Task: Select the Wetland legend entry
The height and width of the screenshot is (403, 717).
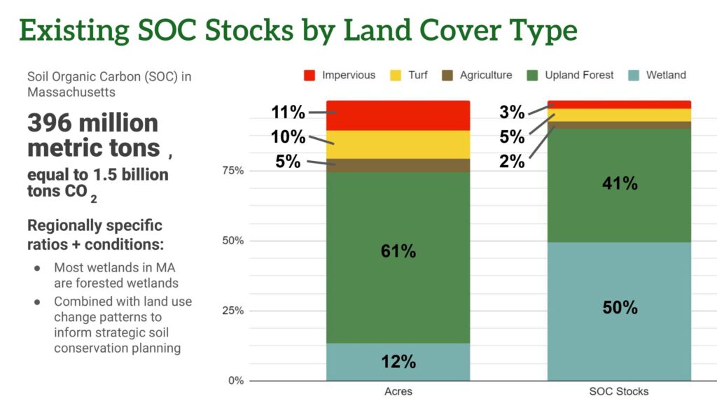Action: [666, 75]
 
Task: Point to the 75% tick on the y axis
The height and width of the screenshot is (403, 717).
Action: [234, 171]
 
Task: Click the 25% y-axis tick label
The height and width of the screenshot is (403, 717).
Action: [234, 311]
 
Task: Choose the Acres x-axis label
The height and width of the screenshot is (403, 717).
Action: [398, 391]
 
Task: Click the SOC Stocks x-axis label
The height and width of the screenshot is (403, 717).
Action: [620, 391]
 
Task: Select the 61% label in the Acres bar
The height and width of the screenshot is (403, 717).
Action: [398, 250]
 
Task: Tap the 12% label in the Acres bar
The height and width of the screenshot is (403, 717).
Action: [398, 361]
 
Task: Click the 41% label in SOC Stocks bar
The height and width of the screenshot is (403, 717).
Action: [620, 183]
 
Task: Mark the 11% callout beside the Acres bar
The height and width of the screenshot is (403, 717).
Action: [288, 111]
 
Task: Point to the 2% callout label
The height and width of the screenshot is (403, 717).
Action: [513, 161]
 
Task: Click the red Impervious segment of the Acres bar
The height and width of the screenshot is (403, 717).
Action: [398, 115]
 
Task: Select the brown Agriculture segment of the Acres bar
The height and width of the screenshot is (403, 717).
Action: [398, 165]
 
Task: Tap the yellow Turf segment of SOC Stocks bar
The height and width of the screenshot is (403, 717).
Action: [620, 115]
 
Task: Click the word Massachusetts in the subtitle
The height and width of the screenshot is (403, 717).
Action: [71, 92]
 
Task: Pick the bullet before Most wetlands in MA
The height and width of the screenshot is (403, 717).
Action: [37, 268]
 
